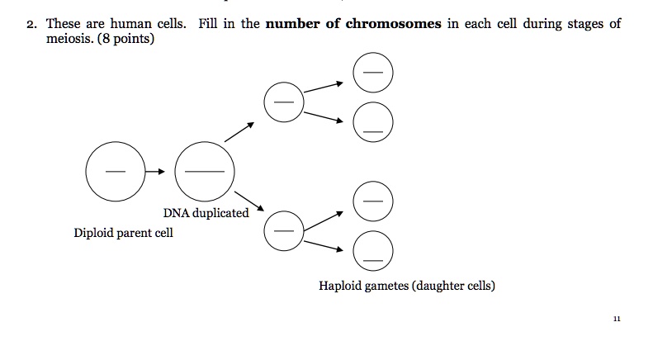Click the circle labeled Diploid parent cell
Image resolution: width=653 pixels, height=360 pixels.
116,172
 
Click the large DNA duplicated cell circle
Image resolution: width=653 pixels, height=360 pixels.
205,172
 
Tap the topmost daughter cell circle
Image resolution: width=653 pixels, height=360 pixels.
373,74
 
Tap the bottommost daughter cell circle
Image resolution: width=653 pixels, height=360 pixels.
373,252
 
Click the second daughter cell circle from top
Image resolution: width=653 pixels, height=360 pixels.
373,124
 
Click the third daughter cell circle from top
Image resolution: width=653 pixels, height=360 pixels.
373,201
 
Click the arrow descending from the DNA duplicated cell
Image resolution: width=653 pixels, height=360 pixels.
249,201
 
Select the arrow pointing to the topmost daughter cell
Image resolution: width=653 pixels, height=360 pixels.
324,88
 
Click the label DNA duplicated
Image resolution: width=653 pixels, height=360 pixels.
206,213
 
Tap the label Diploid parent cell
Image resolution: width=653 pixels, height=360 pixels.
124,233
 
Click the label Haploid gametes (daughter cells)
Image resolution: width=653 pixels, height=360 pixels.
407,287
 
